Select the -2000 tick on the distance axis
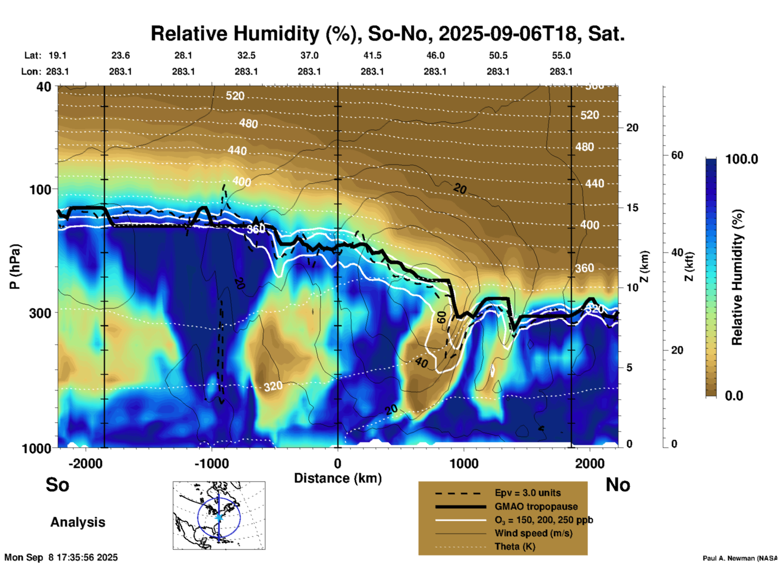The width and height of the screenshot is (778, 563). pos(85,463)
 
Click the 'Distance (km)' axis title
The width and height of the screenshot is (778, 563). pos(338,478)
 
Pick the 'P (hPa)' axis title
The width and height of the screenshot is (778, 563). pos(15,267)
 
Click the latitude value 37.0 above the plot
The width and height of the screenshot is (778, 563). pos(309,55)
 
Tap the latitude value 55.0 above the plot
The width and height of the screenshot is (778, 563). pos(561,55)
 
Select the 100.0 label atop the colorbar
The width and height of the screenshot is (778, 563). pos(742,159)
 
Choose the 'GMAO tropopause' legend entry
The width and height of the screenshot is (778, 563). pos(536,506)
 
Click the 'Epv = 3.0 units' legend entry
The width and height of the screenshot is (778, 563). pos(528,493)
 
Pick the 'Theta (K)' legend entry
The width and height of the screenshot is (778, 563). pos(515,546)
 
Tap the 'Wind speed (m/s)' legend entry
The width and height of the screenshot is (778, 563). pos(533,533)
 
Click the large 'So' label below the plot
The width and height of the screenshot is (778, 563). pos(57,484)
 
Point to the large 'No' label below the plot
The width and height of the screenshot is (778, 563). pos(618,484)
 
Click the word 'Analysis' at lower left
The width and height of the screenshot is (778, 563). pos(78,522)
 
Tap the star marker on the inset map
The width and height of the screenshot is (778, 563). pos(219,517)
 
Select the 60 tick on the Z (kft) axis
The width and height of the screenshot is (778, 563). pos(677,155)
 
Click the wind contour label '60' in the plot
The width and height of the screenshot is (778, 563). pos(442,317)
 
